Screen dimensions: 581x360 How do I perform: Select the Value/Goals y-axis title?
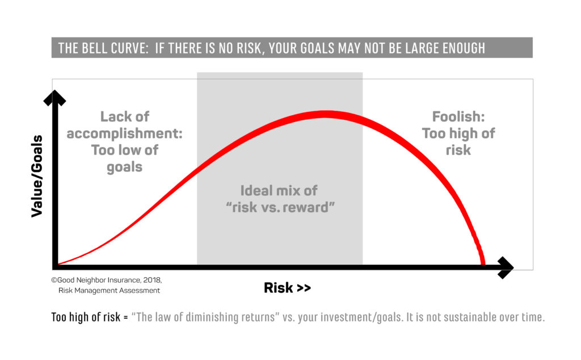point(37,176)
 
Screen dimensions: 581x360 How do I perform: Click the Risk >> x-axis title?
point(287,288)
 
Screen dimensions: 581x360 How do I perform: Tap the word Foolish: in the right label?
point(458,117)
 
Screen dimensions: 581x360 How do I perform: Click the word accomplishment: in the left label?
point(124,133)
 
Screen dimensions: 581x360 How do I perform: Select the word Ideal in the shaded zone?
point(256,191)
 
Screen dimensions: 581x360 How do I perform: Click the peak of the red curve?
point(325,114)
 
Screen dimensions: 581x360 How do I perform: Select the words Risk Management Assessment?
point(109,291)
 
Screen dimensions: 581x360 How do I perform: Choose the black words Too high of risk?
point(86,317)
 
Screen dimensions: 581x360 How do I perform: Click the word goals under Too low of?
point(124,167)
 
